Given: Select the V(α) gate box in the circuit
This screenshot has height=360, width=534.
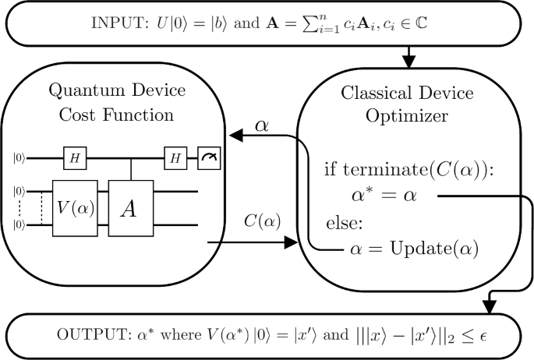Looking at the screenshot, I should pos(76,207).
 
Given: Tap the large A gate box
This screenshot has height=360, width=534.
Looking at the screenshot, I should pos(132,207).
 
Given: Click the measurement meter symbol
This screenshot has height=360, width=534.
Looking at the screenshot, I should pos(209,158).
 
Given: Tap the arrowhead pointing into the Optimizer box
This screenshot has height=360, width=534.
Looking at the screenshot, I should pos(292,244).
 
